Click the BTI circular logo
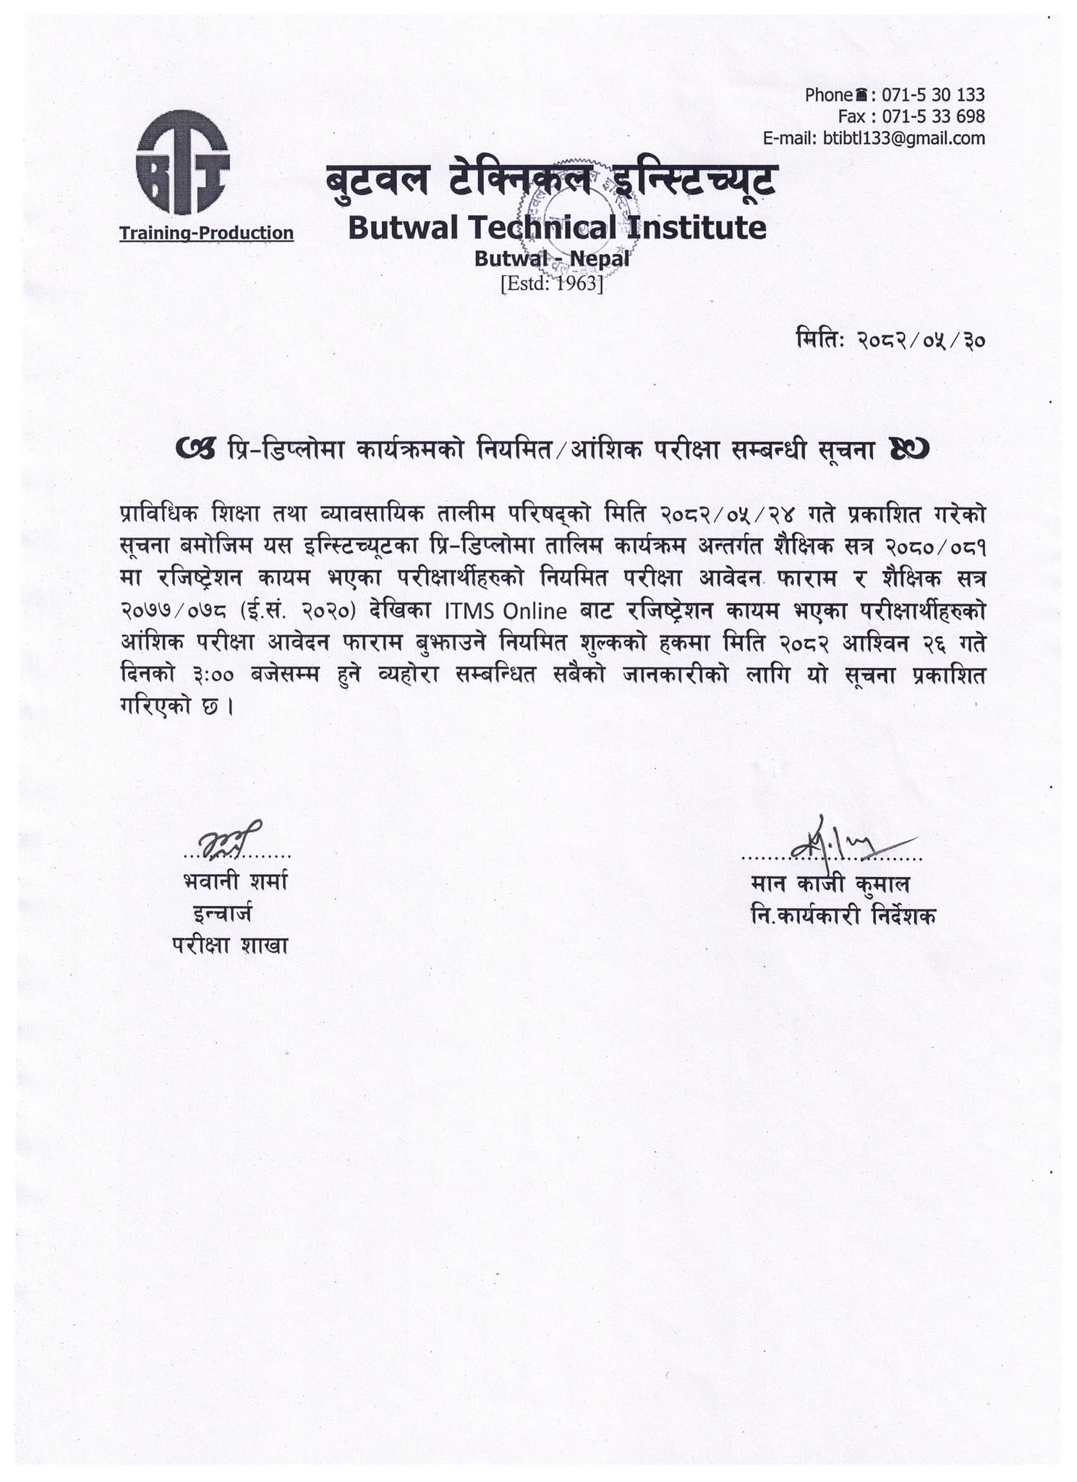tap(182, 162)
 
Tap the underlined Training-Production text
tap(206, 233)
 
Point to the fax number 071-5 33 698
tap(934, 117)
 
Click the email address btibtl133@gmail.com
tap(904, 138)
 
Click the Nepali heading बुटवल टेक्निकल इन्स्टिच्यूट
tap(551, 179)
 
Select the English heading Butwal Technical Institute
tap(556, 228)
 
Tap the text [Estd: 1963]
tap(551, 283)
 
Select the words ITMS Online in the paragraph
tap(505, 611)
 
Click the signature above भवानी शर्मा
tap(229, 839)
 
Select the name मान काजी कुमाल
tap(830, 884)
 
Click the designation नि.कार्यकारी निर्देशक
tap(843, 916)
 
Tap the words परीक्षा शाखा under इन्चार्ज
tap(230, 946)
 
